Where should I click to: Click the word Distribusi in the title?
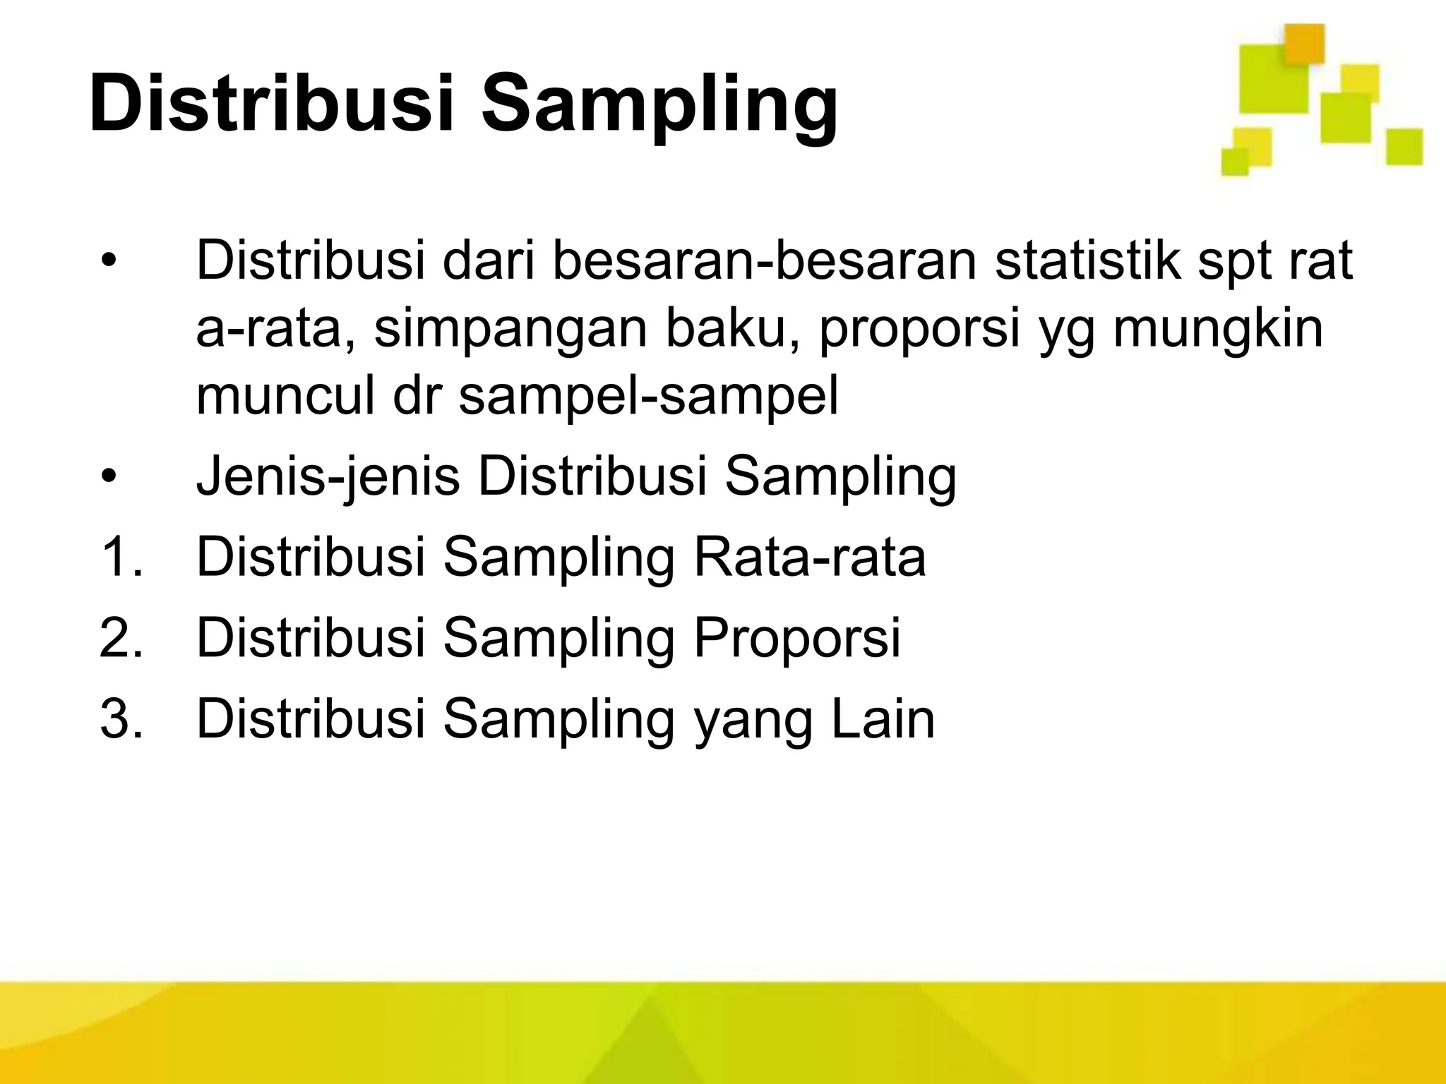[272, 104]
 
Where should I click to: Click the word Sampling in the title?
[660, 106]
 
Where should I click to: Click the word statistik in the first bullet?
[1088, 260]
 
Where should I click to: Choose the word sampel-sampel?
[648, 397]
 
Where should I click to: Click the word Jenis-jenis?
[328, 477]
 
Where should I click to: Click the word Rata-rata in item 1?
[809, 557]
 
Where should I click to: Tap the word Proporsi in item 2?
[796, 639]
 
